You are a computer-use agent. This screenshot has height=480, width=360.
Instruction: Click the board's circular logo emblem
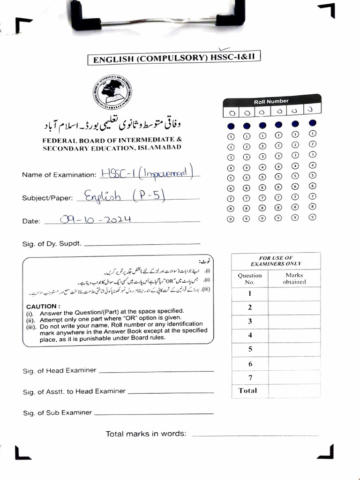coord(112,92)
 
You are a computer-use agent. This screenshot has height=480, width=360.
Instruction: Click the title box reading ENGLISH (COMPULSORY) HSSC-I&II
coord(174,59)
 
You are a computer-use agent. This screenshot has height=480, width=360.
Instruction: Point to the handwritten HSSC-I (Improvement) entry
coord(147,173)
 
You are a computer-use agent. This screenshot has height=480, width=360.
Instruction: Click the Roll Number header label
coord(271,101)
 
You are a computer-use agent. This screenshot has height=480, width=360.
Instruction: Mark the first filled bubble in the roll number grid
coord(231,126)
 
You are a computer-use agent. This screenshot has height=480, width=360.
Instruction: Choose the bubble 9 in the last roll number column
coord(312,217)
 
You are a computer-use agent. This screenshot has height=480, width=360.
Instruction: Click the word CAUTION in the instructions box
coord(41,306)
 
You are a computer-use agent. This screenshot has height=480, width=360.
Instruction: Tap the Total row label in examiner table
coord(247,390)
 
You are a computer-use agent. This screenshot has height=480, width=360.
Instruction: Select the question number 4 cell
coord(250,335)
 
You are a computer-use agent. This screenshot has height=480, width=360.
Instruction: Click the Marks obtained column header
coord(294,278)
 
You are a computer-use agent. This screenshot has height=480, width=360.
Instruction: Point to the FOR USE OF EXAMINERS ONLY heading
coord(276,261)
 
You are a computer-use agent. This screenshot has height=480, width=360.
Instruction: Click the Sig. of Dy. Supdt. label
coord(52,244)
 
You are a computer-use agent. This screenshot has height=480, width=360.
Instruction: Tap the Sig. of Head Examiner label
coord(60,370)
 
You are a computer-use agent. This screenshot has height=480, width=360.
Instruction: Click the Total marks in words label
coord(146,434)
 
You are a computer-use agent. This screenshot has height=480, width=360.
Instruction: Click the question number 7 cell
coord(250,377)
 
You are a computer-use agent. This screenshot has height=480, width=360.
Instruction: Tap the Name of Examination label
coord(59,175)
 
